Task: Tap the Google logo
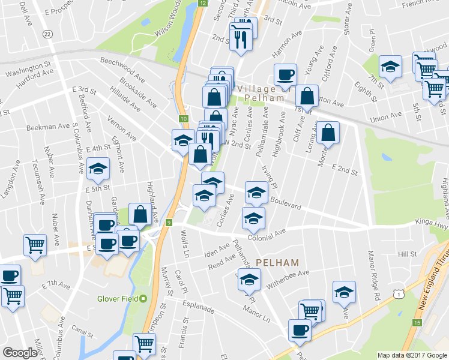(20, 353)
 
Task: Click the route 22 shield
(47, 35)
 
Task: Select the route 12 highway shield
(202, 3)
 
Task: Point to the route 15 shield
(417, 323)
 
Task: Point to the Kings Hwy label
(432, 223)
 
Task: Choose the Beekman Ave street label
(48, 127)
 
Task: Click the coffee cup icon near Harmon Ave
(285, 74)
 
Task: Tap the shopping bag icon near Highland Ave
(140, 214)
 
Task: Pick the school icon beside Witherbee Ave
(249, 279)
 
